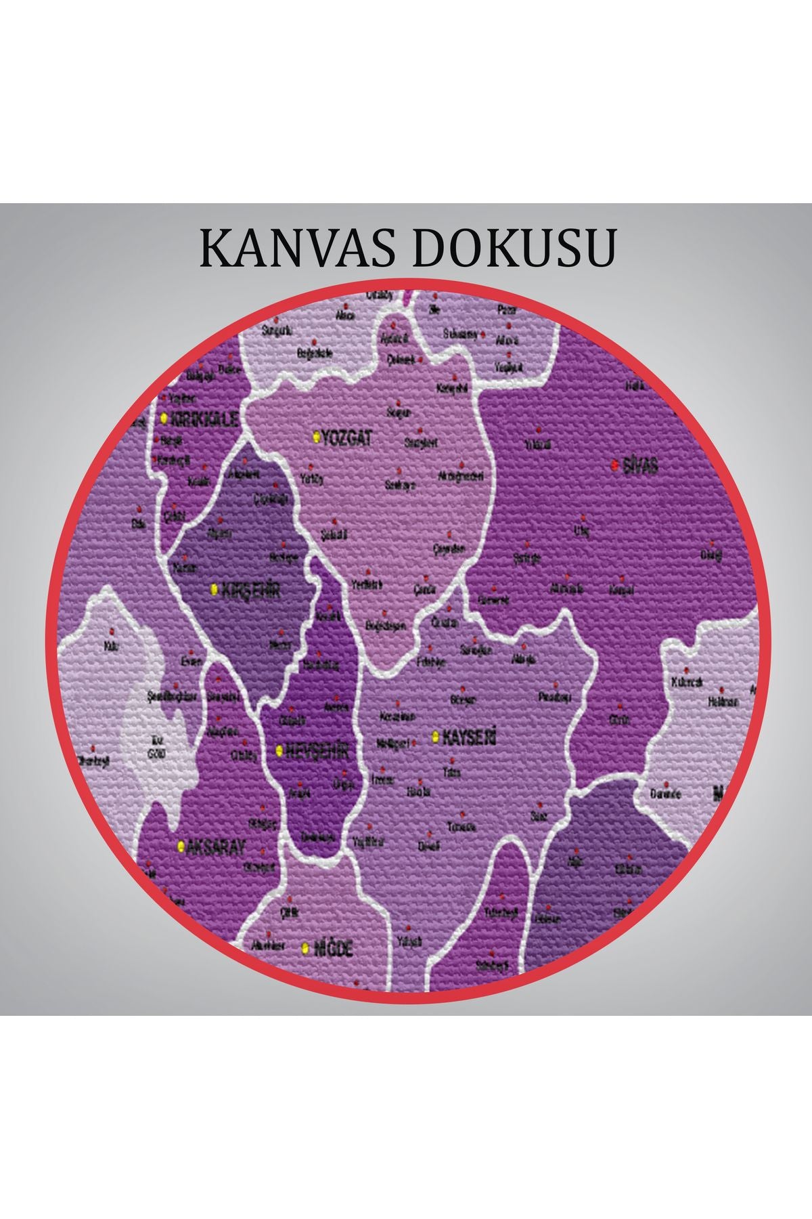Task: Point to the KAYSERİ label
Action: pyautogui.click(x=469, y=737)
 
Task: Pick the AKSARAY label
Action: pyautogui.click(x=216, y=847)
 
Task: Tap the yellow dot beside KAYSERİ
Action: pyautogui.click(x=435, y=735)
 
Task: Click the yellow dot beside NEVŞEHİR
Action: pyautogui.click(x=279, y=750)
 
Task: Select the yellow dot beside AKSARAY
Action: pyautogui.click(x=181, y=846)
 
